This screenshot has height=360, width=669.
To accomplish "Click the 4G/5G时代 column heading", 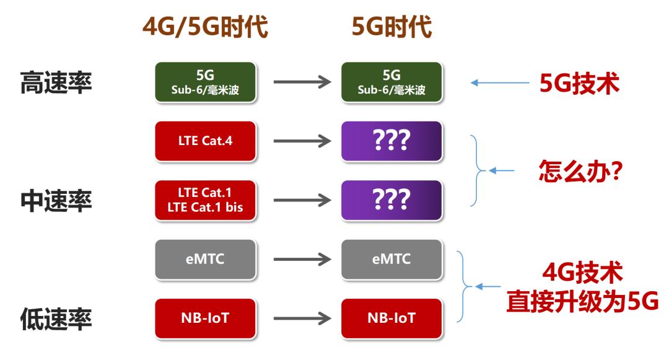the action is click(205, 27).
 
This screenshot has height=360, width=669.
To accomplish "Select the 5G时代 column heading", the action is click(391, 27).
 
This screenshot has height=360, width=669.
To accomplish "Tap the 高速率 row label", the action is click(56, 82).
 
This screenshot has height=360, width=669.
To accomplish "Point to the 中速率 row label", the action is click(56, 201).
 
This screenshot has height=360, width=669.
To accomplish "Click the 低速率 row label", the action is click(56, 318).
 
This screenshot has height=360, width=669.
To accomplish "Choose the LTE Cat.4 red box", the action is click(205, 141).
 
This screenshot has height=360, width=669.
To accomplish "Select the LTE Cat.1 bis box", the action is click(205, 200).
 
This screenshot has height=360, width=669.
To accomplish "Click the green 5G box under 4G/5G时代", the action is click(205, 82).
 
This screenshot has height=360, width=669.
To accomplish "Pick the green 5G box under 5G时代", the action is click(391, 82).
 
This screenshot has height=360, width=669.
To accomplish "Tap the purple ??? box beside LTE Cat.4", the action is click(391, 141).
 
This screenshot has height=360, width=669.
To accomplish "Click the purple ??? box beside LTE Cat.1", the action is click(391, 200).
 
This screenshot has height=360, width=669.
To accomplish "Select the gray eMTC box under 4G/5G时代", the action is click(205, 260).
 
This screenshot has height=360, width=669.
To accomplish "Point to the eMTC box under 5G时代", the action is click(391, 260).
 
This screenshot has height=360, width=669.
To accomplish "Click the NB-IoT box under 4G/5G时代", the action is click(205, 318).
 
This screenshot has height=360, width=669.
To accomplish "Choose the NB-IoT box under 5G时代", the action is click(391, 318).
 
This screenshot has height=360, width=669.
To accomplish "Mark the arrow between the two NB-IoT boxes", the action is click(302, 318).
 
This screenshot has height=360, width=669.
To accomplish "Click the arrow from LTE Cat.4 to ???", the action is click(302, 141).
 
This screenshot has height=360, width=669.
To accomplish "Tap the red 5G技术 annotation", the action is click(579, 83).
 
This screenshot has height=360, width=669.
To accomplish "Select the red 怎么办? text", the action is click(580, 170).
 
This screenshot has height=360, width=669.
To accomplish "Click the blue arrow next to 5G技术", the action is click(500, 83).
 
